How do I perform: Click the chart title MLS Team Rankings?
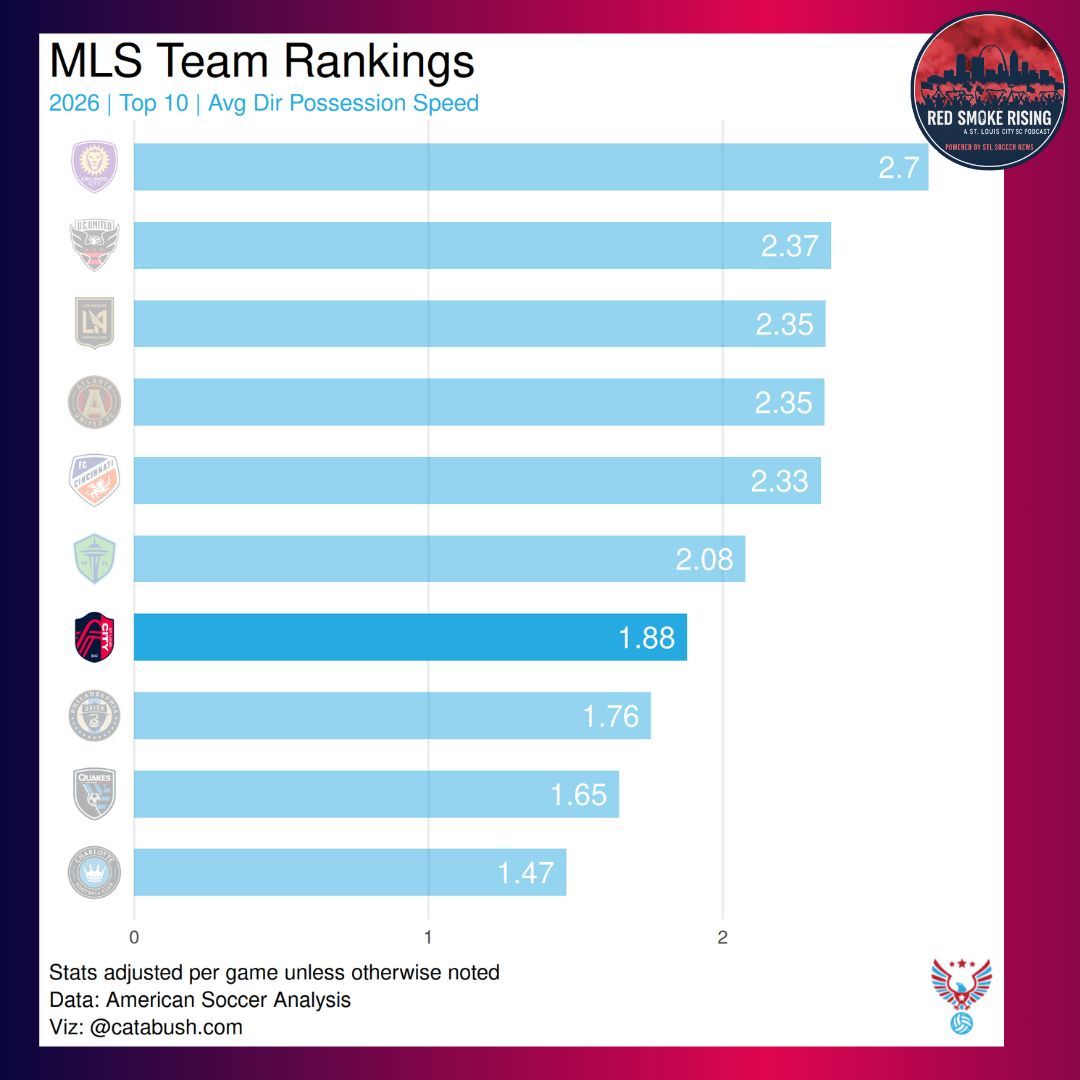click(x=261, y=62)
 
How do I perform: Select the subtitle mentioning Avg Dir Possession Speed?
click(x=264, y=103)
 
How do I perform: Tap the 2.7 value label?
click(x=898, y=167)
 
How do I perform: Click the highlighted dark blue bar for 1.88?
click(x=410, y=637)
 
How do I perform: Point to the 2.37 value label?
click(x=789, y=246)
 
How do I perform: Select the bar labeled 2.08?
click(x=439, y=559)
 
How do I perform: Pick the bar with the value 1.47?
click(x=350, y=872)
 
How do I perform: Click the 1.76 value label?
click(x=610, y=716)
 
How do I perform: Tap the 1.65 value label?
click(x=578, y=794)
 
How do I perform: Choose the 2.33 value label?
click(x=779, y=481)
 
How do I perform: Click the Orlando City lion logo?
click(x=94, y=167)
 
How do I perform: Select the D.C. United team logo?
click(x=94, y=245)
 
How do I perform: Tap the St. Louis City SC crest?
click(x=94, y=637)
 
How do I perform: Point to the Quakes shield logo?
click(x=94, y=794)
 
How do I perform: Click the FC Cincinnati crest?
click(x=94, y=481)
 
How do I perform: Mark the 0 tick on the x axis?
click(x=134, y=938)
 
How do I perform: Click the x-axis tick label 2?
click(x=722, y=938)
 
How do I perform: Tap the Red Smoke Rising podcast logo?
click(x=989, y=91)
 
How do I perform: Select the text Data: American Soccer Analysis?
click(x=200, y=999)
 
